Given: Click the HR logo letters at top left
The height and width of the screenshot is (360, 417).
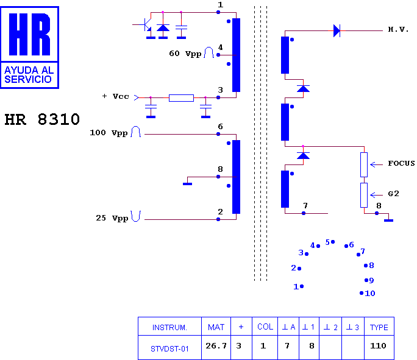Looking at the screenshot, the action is click(x=29, y=34).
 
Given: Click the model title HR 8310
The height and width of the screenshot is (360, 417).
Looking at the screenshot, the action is click(x=42, y=119).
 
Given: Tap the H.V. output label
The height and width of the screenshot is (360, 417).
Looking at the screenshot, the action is click(x=398, y=29).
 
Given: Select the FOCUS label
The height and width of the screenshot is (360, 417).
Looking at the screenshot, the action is click(x=401, y=163).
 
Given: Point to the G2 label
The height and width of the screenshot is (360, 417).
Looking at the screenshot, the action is click(x=394, y=194).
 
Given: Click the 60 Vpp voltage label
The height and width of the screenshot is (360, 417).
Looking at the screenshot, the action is click(x=185, y=54).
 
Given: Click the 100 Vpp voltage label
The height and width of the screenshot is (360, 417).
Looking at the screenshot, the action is click(x=109, y=133).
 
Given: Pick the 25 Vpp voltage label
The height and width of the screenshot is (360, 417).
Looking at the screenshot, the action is click(x=112, y=218).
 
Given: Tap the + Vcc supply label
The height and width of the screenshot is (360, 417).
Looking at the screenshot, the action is click(x=116, y=96).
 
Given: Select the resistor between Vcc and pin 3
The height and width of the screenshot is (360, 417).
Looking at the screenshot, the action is click(x=182, y=98).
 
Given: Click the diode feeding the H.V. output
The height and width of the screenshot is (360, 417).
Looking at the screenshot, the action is click(x=337, y=31).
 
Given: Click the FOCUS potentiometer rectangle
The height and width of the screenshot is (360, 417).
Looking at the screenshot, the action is click(x=364, y=164).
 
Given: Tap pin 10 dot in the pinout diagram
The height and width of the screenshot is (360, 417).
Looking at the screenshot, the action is click(x=362, y=293).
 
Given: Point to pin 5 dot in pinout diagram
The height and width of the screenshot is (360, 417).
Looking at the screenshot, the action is click(x=333, y=242).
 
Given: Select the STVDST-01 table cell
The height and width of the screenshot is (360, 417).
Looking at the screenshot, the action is click(x=169, y=348).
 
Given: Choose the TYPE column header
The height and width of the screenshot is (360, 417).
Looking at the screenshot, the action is click(x=379, y=326).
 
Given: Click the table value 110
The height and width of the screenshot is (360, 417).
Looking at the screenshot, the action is click(x=378, y=345).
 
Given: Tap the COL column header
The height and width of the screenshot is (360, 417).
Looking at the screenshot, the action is click(x=265, y=326).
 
